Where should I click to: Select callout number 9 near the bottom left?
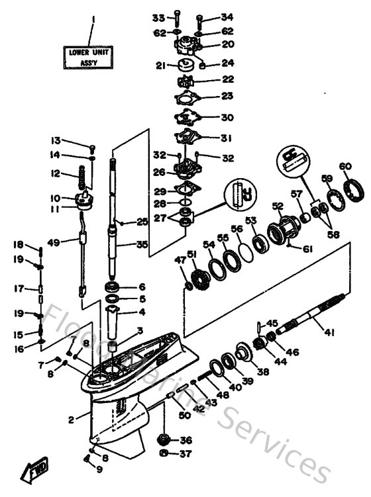pyautogui.click(x=99, y=470)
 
